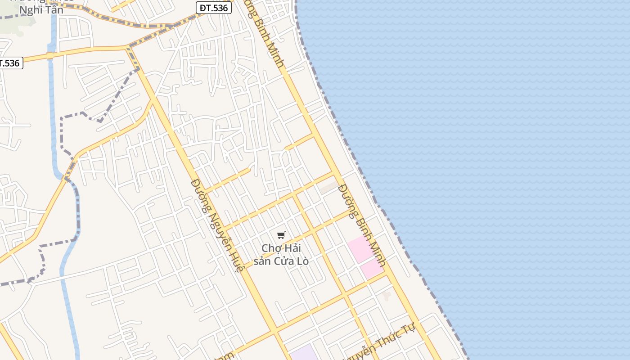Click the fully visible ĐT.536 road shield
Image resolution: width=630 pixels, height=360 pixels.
[214, 7]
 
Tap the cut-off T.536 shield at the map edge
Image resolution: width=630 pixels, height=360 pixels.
[10, 63]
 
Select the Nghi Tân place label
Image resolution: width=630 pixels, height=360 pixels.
[41, 10]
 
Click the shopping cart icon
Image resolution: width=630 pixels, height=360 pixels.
[281, 235]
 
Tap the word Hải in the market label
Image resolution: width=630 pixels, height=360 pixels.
[292, 248]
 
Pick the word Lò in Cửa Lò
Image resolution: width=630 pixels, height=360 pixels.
[301, 261]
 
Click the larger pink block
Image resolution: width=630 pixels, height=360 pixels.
[360, 249]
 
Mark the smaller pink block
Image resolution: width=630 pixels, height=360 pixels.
[372, 269]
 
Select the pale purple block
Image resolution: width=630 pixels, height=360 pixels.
[304, 353]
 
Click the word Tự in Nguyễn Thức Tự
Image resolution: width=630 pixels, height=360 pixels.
[408, 329]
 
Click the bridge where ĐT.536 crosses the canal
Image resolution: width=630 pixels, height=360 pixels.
[50, 56]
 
